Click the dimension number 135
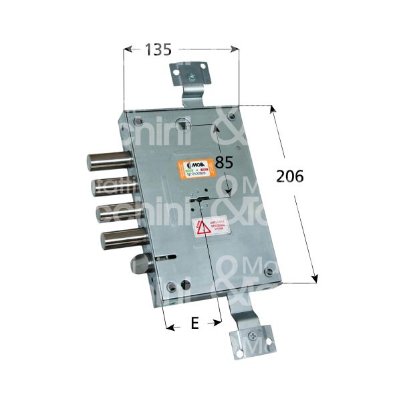[158, 49]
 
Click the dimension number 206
[290, 176]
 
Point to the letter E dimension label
[194, 323]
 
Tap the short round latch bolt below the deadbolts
[142, 260]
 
